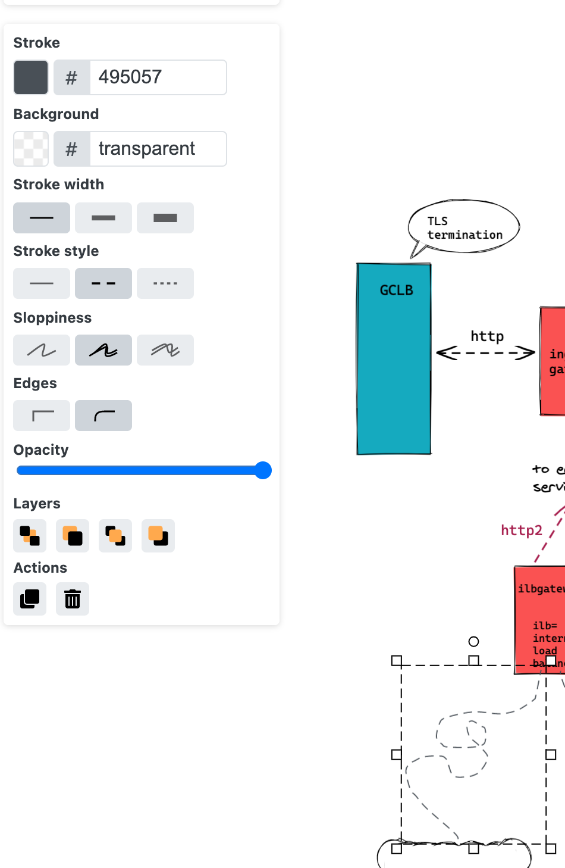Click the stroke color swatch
(x=31, y=77)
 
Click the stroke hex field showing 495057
(x=158, y=77)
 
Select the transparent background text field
(x=158, y=149)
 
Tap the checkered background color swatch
(x=31, y=149)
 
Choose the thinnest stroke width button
(x=42, y=218)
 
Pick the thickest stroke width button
(x=165, y=218)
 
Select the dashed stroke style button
(x=103, y=283)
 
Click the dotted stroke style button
(x=165, y=283)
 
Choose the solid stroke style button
(x=42, y=283)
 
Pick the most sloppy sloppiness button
(x=165, y=350)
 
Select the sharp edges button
(x=42, y=416)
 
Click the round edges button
(x=103, y=416)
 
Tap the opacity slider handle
(x=263, y=470)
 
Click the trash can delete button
(x=73, y=599)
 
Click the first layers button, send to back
(x=30, y=536)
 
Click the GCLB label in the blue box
(x=396, y=291)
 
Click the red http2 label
(x=522, y=530)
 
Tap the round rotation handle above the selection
(x=473, y=641)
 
